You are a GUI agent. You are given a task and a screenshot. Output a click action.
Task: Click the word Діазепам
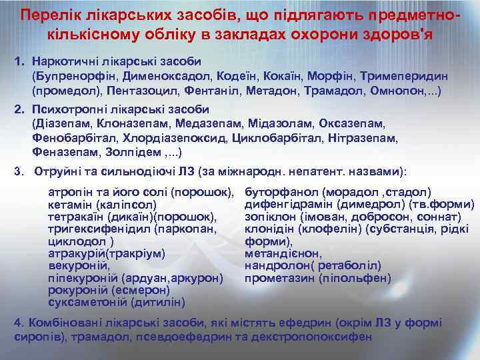(x=63, y=125)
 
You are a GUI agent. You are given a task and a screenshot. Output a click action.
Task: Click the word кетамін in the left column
(x=71, y=205)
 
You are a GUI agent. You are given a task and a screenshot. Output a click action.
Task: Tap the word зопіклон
(x=273, y=217)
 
